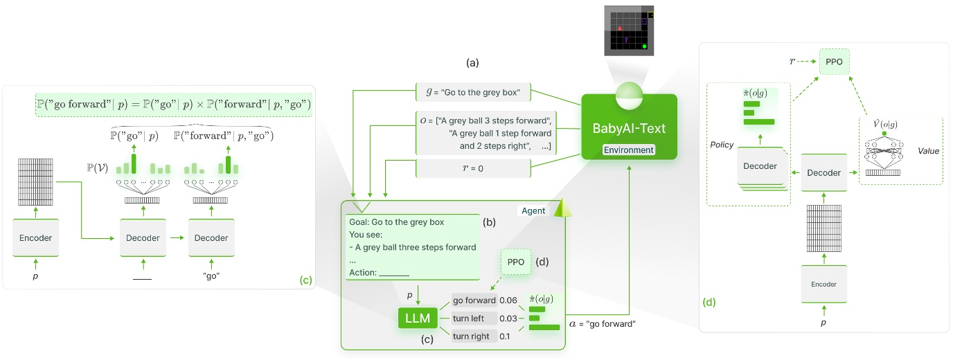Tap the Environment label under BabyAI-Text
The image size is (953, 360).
[628, 150]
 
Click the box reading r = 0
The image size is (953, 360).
[472, 168]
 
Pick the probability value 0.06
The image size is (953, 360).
[508, 300]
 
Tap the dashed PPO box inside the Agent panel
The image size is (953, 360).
[515, 263]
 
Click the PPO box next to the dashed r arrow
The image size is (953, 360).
[835, 61]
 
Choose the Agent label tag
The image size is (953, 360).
[533, 210]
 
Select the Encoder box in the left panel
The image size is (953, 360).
[35, 237]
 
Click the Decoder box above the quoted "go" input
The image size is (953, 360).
[211, 237]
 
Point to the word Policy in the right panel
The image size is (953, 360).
[722, 146]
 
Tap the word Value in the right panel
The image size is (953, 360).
[929, 150]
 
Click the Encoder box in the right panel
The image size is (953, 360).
[823, 284]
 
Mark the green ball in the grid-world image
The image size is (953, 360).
[645, 46]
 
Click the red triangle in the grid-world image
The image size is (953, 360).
[619, 28]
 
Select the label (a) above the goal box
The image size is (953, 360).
[472, 63]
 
